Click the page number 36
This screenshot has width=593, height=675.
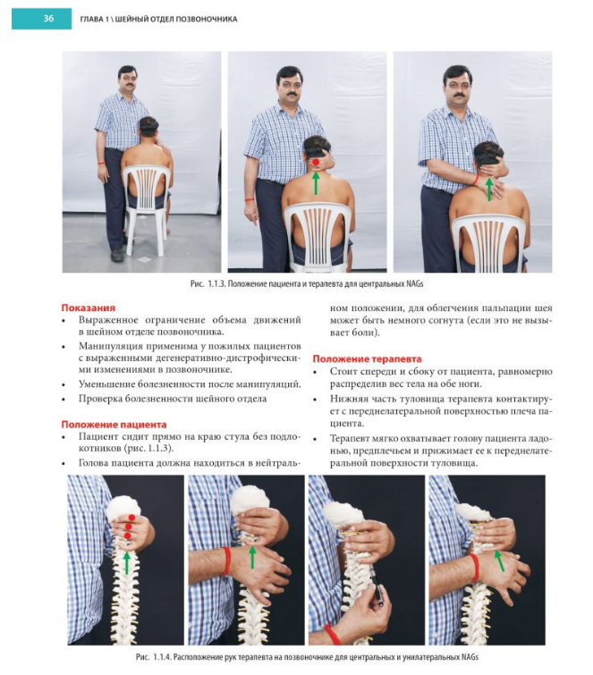coord(48,19)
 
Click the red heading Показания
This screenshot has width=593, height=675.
coord(89,308)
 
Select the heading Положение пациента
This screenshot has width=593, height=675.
coord(114,425)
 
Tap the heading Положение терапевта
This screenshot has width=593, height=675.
coord(367,359)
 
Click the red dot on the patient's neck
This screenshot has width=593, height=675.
coord(316,162)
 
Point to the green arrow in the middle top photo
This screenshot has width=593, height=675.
coord(316,182)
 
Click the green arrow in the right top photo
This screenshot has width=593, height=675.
coord(488,189)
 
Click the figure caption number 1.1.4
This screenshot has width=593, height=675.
coord(162,657)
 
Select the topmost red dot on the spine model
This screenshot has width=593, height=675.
coord(131,517)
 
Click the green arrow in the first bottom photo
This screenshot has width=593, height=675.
coord(127,562)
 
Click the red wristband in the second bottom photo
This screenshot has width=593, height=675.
coord(226,561)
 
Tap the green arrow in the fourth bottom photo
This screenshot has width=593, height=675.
coord(499,561)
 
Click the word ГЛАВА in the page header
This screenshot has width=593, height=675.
coord(91,19)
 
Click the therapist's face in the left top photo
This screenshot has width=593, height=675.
coord(127,80)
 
